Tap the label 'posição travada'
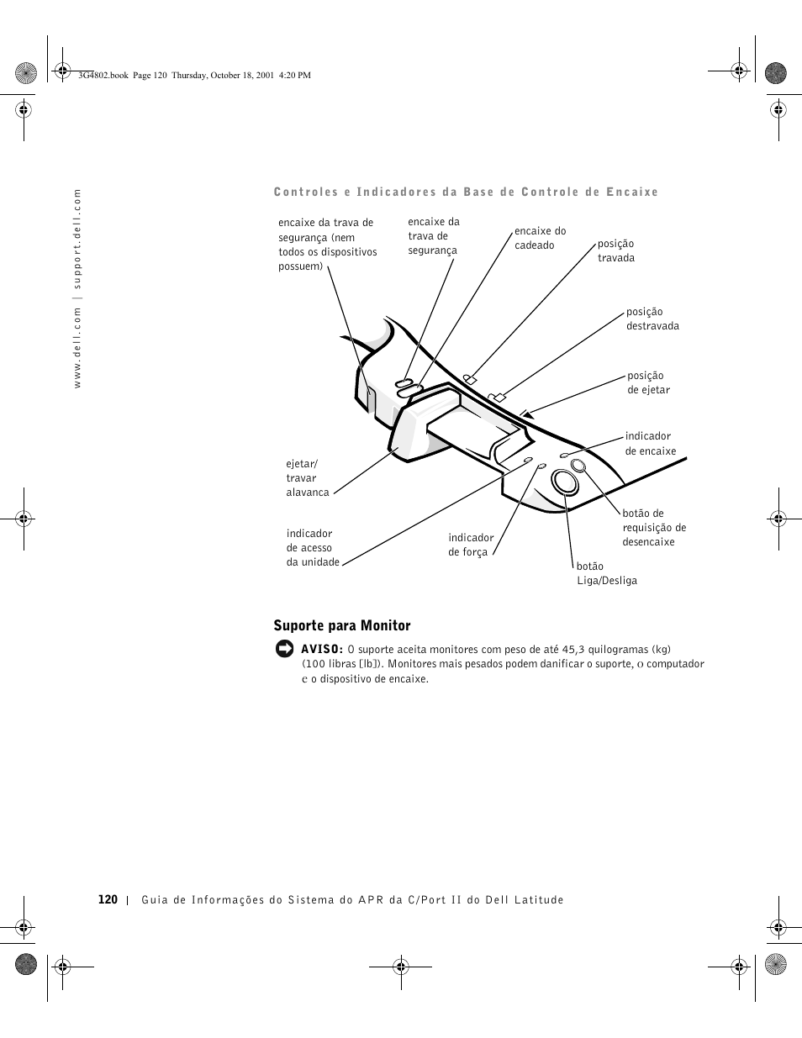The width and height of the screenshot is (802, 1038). (615, 250)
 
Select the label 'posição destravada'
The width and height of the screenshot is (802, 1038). (652, 319)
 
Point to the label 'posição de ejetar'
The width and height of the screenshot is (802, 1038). (648, 382)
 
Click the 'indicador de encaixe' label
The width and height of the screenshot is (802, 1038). (650, 443)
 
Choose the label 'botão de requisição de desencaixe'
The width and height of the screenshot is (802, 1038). (653, 527)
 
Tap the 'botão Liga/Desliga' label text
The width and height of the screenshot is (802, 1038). (606, 573)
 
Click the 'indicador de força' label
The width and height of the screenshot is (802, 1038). (471, 545)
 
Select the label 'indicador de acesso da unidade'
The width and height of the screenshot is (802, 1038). (312, 547)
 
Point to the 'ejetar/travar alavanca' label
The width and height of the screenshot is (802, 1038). (307, 477)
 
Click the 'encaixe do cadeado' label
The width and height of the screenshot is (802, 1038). (540, 238)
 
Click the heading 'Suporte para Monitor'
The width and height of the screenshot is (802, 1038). (342, 625)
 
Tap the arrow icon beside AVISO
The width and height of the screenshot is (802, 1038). (284, 649)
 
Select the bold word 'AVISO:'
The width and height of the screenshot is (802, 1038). (322, 649)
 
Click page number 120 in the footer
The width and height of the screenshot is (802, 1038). (108, 899)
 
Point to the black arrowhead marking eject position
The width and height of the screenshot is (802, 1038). (526, 413)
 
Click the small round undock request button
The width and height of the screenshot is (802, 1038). (578, 466)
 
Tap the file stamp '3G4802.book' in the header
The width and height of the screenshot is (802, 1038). (103, 75)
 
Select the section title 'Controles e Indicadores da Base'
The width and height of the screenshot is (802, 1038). (466, 192)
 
